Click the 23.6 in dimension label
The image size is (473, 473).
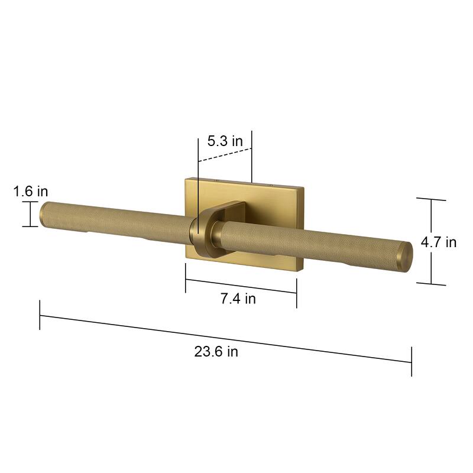pyautogui.click(x=216, y=352)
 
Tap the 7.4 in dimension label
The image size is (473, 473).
pyautogui.click(x=238, y=299)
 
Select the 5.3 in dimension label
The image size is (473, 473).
pyautogui.click(x=225, y=141)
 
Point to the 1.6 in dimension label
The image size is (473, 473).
pyautogui.click(x=30, y=191)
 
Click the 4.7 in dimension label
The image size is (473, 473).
pyautogui.click(x=439, y=242)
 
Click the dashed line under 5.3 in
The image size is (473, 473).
pyautogui.click(x=225, y=154)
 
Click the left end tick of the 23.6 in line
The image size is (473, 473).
pyautogui.click(x=40, y=315)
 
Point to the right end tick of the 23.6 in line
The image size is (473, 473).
pyautogui.click(x=411, y=362)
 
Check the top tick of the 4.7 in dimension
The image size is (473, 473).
pyautogui.click(x=431, y=199)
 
